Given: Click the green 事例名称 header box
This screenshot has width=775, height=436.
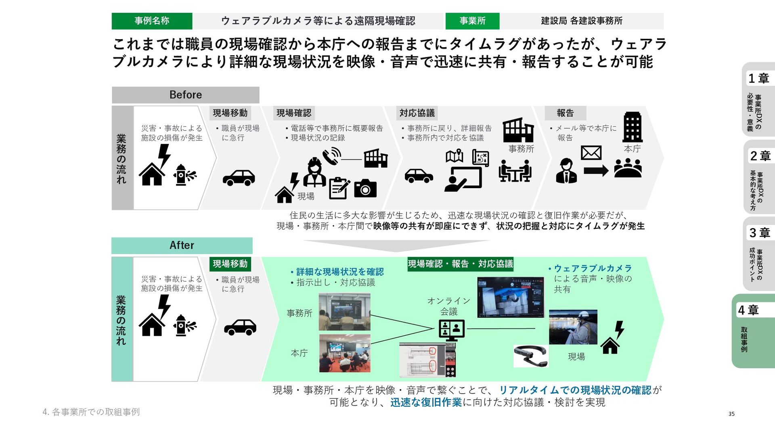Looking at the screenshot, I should [152, 21].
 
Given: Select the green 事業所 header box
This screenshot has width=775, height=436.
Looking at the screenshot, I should [472, 21].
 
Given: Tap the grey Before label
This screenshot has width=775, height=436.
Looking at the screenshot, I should [185, 95].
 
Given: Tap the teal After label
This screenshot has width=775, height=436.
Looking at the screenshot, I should [182, 245].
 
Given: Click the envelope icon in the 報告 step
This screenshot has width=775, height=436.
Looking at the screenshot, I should [591, 153].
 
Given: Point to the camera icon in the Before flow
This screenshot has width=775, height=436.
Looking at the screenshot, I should [365, 189].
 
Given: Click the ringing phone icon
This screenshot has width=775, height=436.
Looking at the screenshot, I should [331, 156].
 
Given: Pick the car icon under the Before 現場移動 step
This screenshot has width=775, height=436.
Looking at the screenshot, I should [239, 178].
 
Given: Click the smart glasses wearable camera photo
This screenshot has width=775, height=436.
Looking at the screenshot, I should [530, 355].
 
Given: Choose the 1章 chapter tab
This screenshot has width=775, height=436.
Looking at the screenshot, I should [758, 99].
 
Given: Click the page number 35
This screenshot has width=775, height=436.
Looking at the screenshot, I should [731, 414].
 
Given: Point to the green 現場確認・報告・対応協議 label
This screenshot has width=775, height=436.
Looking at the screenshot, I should [460, 264].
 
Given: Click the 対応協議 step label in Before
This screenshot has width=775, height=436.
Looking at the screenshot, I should [417, 113].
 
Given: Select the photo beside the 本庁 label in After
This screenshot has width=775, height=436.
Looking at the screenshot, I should [344, 353].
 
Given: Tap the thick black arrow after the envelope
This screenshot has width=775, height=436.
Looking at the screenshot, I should [596, 171].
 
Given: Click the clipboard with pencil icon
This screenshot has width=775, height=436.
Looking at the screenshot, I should [339, 188].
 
